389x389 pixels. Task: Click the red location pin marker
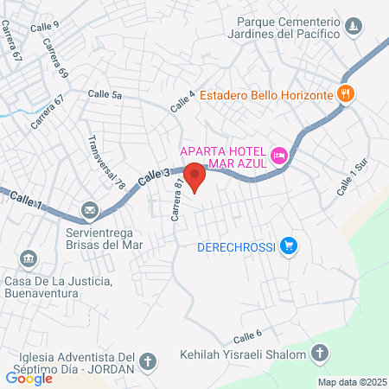tap(195, 176)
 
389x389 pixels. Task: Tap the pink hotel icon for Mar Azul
tap(279, 156)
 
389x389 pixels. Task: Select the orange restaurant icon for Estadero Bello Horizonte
tap(346, 94)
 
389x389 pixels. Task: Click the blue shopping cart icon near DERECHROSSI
tap(290, 248)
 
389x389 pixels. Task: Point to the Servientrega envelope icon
tap(89, 210)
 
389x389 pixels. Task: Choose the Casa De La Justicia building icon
tap(28, 258)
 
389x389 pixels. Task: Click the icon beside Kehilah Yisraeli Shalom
tap(321, 353)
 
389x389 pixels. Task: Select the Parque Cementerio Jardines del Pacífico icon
tap(353, 29)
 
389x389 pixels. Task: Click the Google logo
tap(29, 378)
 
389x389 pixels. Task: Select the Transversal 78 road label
tap(106, 162)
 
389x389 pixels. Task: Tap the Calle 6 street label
tap(246, 335)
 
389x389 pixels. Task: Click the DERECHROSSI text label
tap(236, 248)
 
